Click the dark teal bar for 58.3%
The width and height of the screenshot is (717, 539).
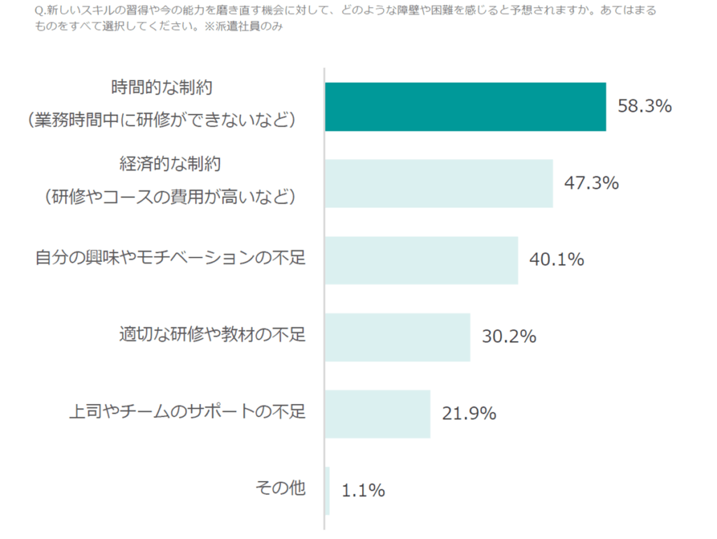(465, 106)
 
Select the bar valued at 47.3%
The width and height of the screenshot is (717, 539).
(438, 183)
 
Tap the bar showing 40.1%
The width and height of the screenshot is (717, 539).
(421, 260)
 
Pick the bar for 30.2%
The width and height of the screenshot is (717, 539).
(397, 337)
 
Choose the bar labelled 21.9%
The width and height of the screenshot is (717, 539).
(377, 414)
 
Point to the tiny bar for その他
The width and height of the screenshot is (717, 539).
(328, 490)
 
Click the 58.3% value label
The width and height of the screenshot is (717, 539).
(645, 106)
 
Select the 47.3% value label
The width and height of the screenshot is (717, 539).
(592, 183)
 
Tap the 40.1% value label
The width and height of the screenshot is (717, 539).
(557, 260)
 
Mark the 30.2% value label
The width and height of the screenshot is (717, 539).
(509, 337)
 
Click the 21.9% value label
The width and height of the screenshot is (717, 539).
(469, 414)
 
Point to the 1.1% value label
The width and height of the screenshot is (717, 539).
(363, 491)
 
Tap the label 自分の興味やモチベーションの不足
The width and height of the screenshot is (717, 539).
(171, 258)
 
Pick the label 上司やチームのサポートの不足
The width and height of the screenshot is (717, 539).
(188, 412)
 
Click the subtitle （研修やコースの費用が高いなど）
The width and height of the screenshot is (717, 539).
(170, 197)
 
